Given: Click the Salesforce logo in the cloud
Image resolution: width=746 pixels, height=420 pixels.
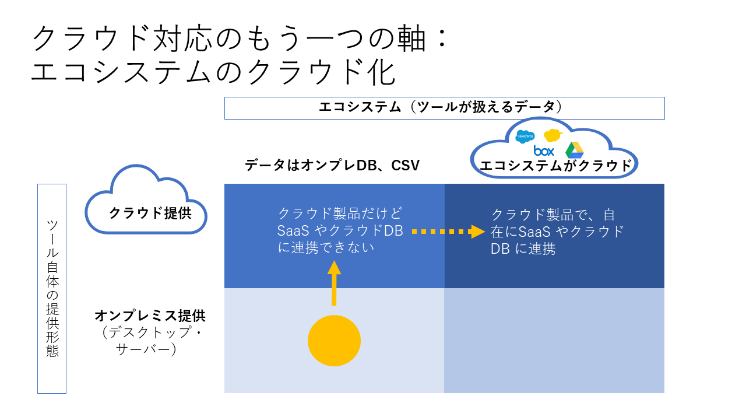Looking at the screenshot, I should (525, 136).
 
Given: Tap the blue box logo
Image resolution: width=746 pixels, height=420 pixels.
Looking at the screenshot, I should (544, 151).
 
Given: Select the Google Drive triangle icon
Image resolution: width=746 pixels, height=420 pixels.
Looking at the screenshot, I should (575, 150).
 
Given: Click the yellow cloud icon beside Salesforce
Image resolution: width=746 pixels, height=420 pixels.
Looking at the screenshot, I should (552, 135).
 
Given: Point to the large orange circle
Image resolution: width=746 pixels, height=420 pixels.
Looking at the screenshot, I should (334, 341).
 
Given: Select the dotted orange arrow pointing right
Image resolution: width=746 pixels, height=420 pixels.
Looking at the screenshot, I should (448, 232).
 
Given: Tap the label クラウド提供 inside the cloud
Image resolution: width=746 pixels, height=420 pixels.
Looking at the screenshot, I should (150, 213).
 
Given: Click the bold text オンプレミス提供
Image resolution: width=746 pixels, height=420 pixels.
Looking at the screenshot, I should (150, 316).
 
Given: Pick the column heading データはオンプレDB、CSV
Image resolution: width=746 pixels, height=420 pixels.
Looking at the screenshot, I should (332, 166).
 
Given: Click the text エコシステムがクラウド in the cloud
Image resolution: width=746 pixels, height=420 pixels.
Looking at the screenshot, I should (555, 166).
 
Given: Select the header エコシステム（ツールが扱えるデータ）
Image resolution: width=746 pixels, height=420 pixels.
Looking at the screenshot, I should (444, 107).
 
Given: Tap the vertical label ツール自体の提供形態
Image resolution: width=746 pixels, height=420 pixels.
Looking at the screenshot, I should (52, 288).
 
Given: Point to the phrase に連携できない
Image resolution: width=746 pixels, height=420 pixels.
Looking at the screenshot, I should (325, 247).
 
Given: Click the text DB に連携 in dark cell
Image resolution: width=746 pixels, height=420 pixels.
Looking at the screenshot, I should (523, 249).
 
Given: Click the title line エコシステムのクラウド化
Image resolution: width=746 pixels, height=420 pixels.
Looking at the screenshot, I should (213, 73).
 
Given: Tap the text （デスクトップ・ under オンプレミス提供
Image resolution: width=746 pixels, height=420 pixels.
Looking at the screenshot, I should (150, 333).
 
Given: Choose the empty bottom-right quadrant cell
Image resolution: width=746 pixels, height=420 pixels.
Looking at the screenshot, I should (554, 341).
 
